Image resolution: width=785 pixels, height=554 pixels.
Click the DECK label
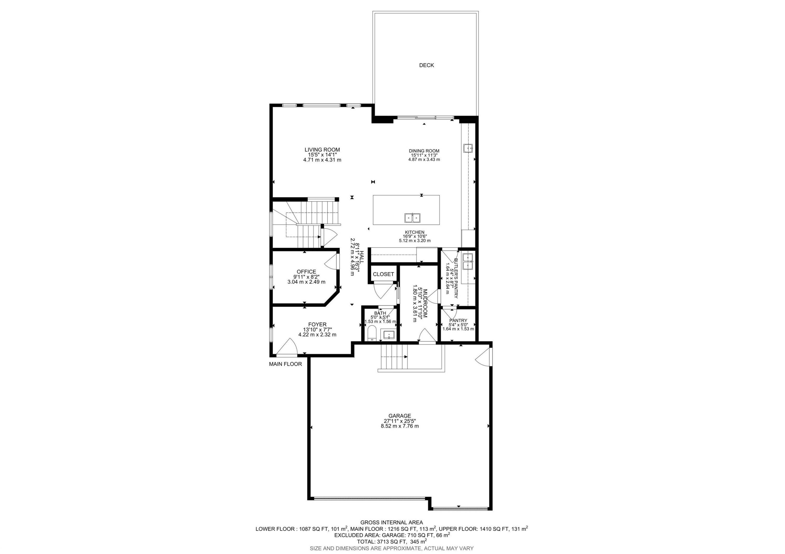coord(426,65)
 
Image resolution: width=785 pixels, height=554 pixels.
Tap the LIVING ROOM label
coord(322,150)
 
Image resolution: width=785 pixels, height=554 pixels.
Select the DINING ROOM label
coord(424,151)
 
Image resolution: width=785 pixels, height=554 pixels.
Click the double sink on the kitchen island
coord(412,218)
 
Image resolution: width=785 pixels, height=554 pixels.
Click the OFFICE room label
coord(306,272)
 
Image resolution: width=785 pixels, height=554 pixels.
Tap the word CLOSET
coord(383,274)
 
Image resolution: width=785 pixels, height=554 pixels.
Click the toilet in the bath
coord(372,334)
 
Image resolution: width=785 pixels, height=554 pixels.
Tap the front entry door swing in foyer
coord(287,348)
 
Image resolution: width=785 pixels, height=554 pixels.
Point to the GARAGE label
coord(399,416)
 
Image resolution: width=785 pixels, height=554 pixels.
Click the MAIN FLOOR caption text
coord(285,364)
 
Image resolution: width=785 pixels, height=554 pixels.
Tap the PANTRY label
coord(458,320)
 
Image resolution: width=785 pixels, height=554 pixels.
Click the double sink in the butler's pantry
coord(467,261)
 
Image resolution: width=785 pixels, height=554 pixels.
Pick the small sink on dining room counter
coord(467,148)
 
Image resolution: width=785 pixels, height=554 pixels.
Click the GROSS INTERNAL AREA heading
coord(391,522)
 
